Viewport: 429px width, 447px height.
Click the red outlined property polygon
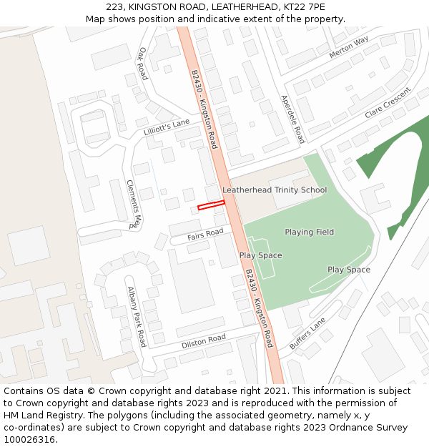tap(211, 205)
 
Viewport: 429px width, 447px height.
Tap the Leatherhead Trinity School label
tap(275, 190)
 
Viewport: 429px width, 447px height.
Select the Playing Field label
tap(310, 232)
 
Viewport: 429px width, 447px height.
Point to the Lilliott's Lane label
tap(167, 127)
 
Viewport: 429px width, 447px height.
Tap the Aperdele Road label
tap(292, 119)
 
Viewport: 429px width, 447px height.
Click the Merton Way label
tap(349, 48)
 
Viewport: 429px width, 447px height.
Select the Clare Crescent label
tap(388, 104)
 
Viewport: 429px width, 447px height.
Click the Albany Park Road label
tap(137, 317)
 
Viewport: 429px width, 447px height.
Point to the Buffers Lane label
tap(307, 333)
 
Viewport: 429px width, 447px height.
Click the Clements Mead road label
tap(134, 204)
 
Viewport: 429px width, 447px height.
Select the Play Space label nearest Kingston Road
tap(260, 255)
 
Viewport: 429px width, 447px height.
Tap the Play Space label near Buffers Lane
tap(349, 270)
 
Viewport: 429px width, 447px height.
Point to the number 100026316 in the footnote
tap(30, 440)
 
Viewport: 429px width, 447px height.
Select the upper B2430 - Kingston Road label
tap(203, 109)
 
